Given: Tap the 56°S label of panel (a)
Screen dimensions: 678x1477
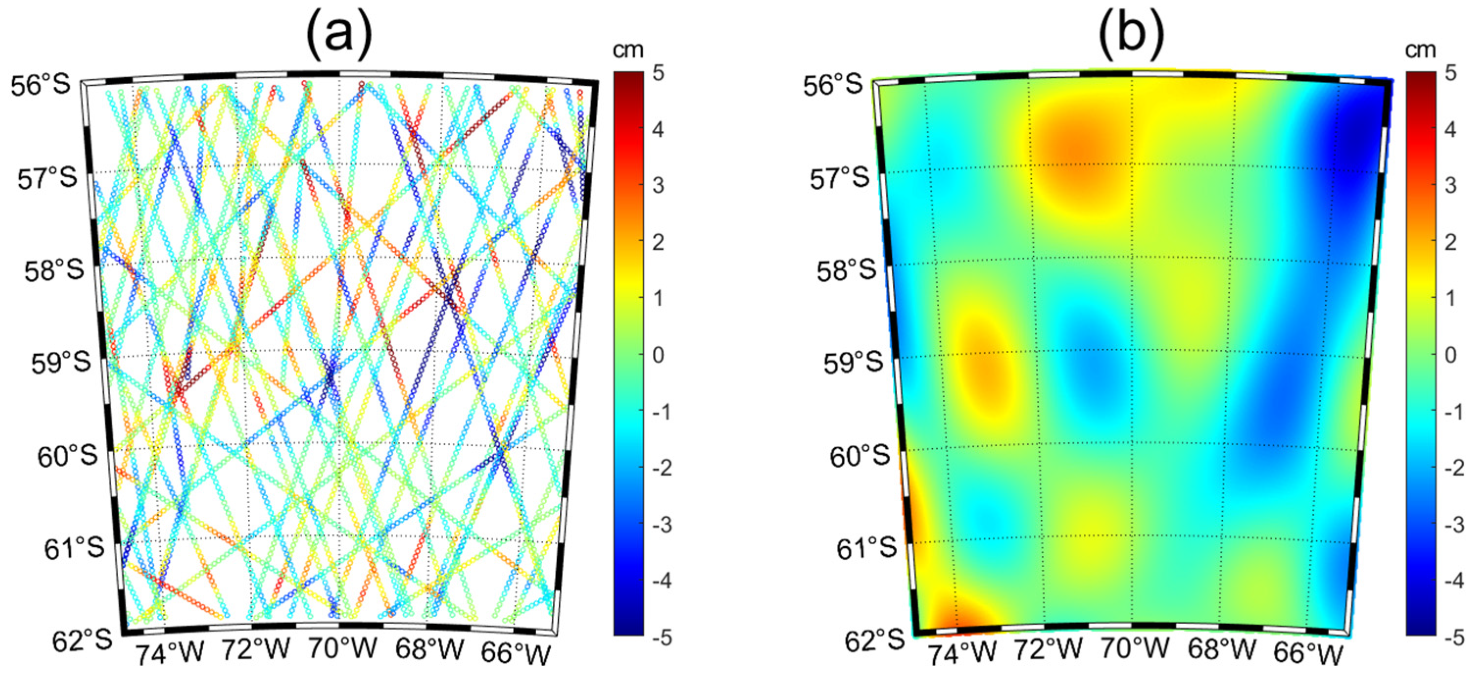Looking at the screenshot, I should (x=40, y=85).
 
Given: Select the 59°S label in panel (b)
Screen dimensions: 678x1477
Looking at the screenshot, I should (x=853, y=363).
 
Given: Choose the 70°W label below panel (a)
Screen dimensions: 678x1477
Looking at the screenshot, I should (x=343, y=649).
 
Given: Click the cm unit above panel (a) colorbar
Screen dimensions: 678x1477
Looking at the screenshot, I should (x=628, y=50).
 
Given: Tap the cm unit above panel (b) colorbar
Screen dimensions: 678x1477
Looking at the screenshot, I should (x=1420, y=50).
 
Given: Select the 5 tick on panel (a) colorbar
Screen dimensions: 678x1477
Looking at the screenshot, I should (x=658, y=73).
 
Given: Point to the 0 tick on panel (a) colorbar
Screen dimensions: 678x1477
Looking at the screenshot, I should (x=658, y=355).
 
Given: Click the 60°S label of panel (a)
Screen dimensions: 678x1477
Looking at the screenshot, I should (x=67, y=457).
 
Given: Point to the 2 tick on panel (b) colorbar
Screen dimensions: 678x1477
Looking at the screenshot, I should (x=1450, y=242).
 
